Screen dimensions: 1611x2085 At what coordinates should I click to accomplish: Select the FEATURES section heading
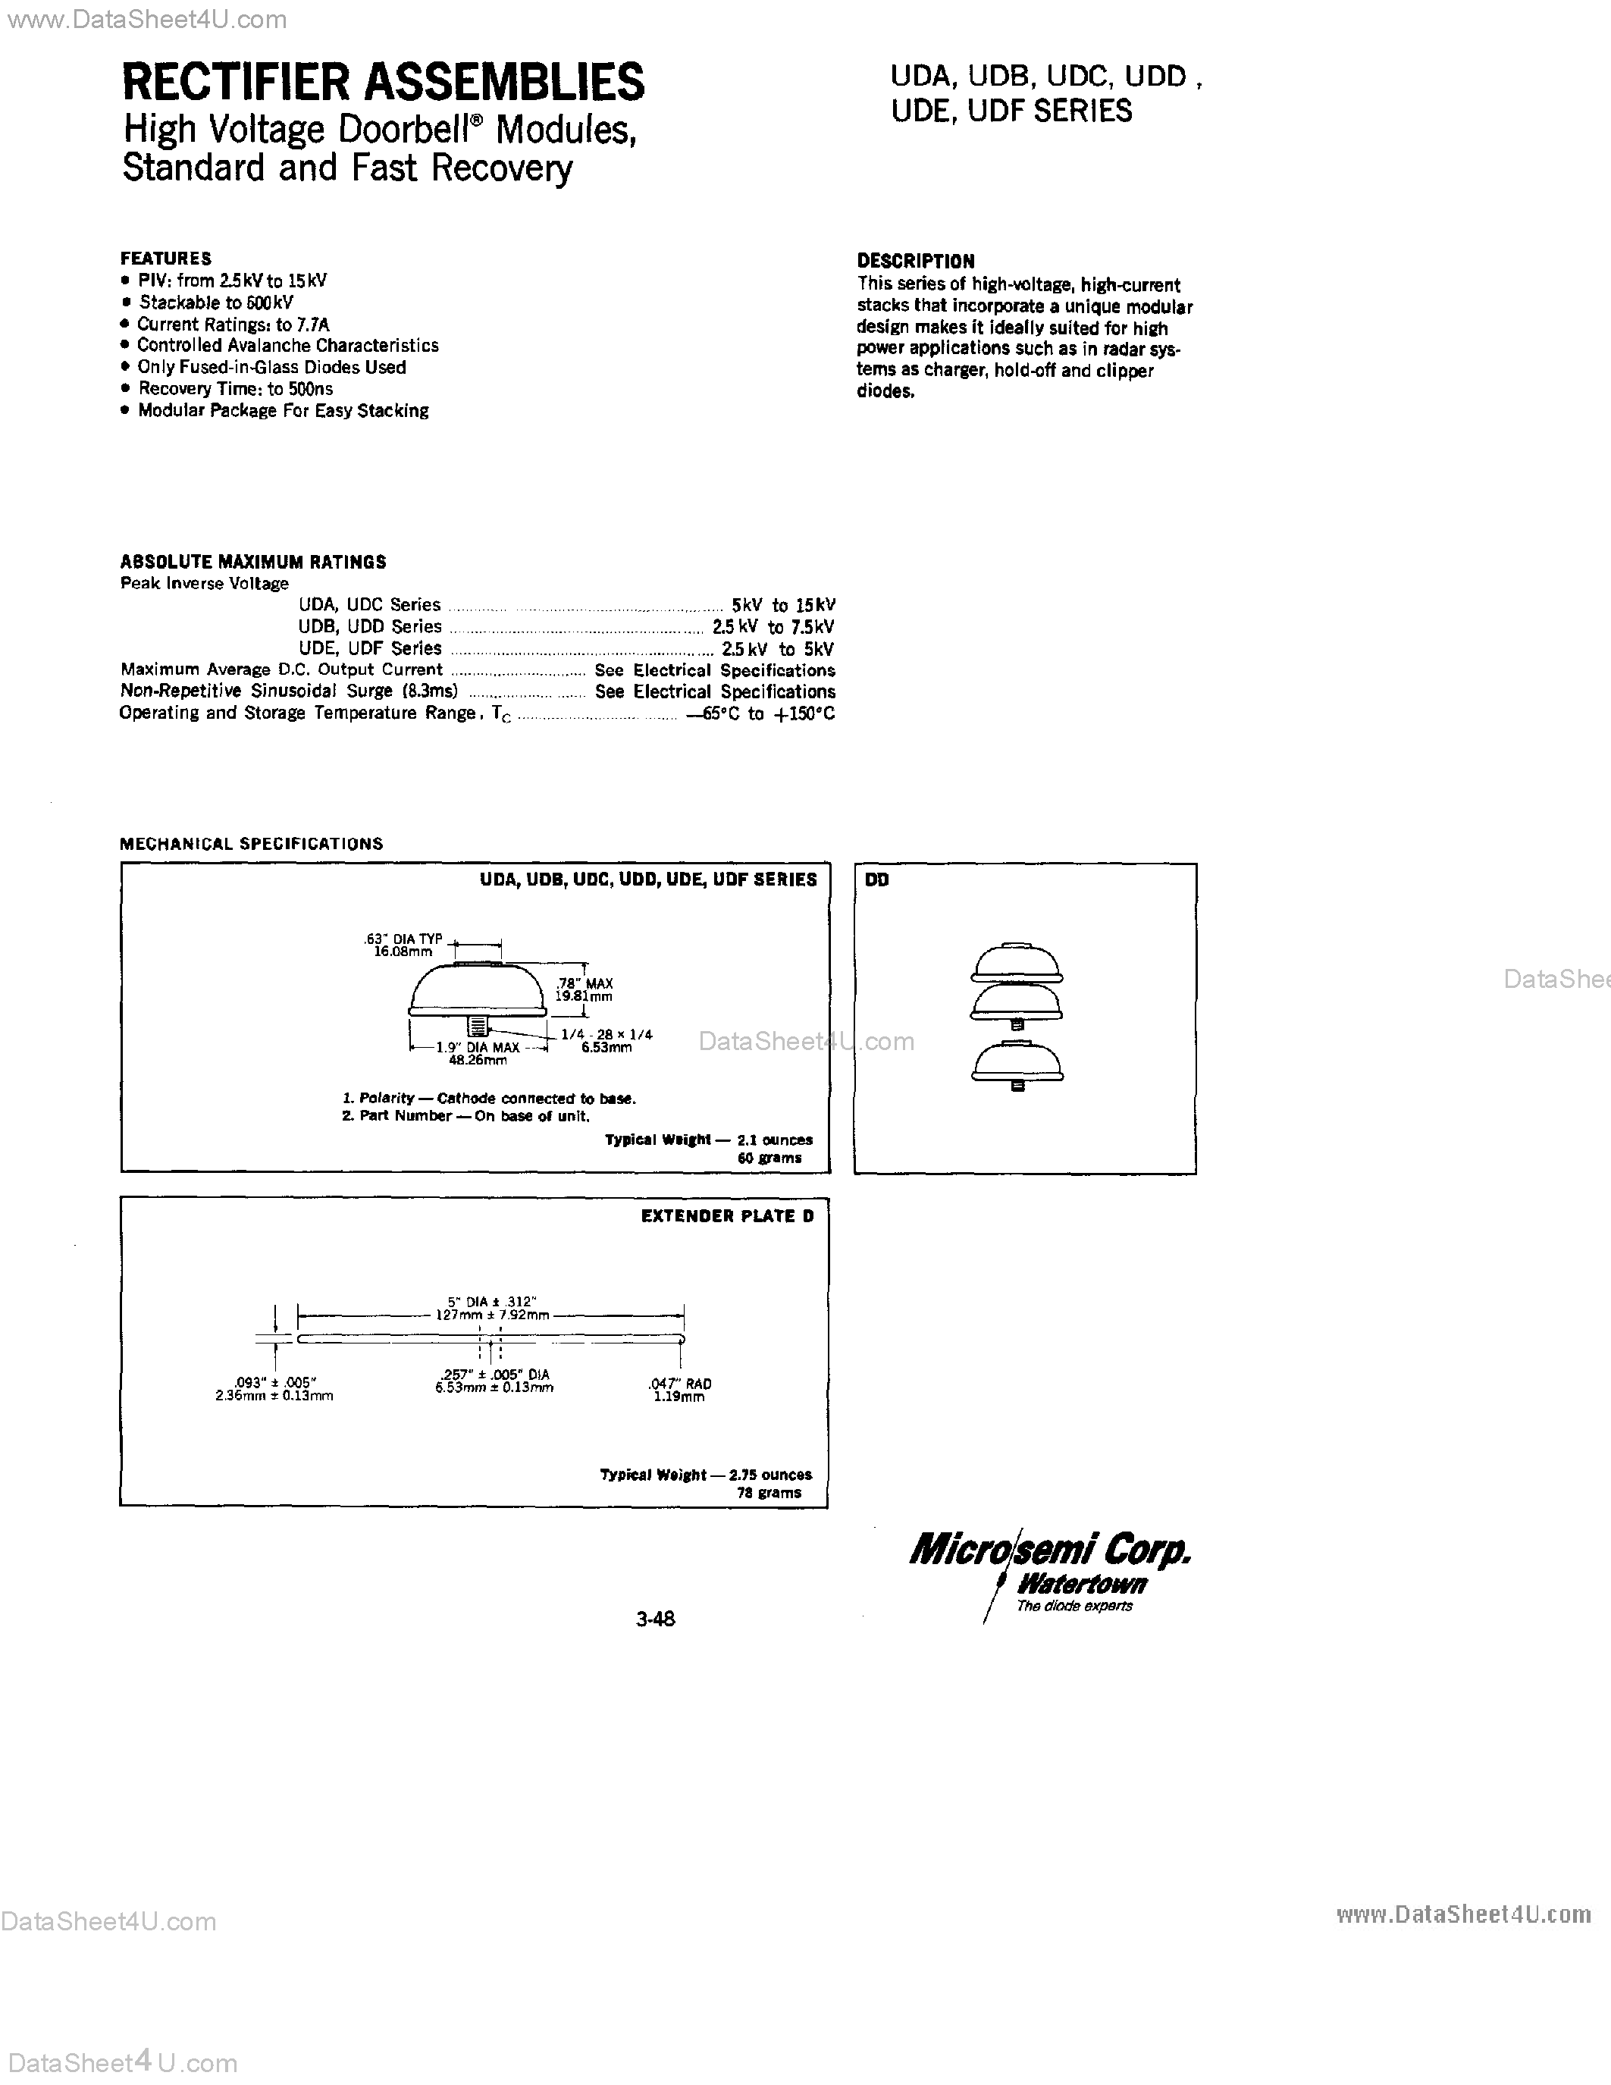point(166,258)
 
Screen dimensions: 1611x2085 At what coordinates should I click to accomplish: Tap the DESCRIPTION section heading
point(915,261)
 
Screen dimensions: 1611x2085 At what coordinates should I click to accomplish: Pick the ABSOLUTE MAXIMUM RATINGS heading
point(253,561)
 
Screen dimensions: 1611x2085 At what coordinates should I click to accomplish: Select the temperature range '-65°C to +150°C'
point(760,714)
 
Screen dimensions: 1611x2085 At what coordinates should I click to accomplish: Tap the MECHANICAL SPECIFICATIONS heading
point(251,844)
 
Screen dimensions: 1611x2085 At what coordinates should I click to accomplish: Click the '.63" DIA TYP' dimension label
point(404,939)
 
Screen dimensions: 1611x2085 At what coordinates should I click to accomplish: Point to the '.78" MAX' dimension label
point(584,983)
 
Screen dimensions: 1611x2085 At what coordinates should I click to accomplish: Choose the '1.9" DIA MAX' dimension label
point(477,1047)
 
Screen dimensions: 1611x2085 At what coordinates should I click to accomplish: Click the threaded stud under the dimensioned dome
point(477,1025)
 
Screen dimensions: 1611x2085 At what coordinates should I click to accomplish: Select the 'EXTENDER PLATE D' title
point(727,1216)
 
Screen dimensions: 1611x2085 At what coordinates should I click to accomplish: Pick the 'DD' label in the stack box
point(877,880)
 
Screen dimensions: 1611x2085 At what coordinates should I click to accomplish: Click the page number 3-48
point(656,1618)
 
